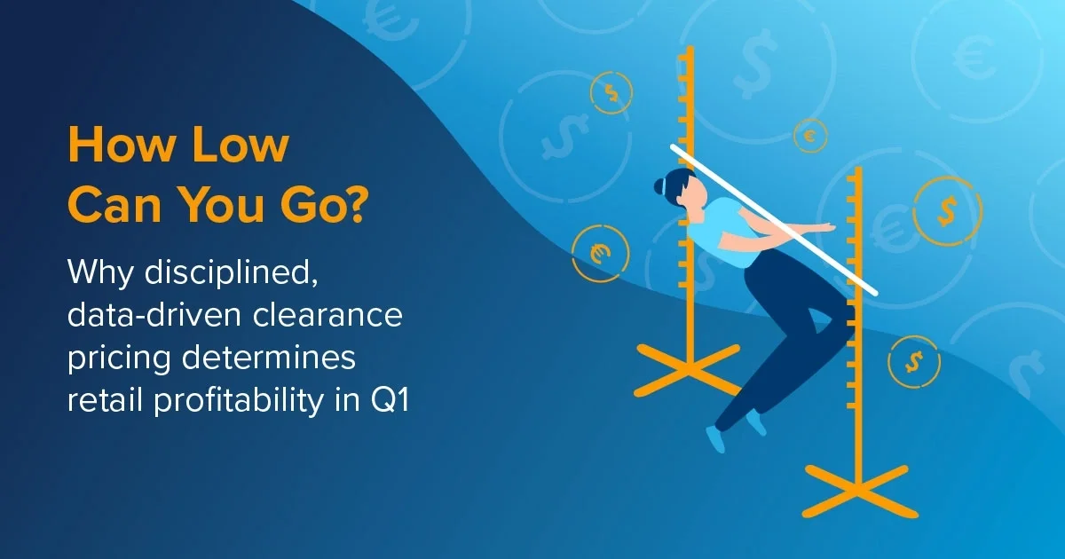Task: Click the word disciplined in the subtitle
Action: point(231,273)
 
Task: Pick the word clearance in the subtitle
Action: point(327,315)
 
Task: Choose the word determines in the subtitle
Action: point(269,357)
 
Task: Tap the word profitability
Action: point(238,400)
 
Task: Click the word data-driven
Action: point(154,315)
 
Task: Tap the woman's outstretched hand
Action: point(825,227)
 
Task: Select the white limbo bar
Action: point(774,221)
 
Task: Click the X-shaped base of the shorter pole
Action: point(856,491)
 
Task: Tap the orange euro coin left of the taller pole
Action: point(600,254)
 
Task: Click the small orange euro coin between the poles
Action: point(810,136)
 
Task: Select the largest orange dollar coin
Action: point(948,211)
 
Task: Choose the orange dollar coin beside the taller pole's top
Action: point(611,92)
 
